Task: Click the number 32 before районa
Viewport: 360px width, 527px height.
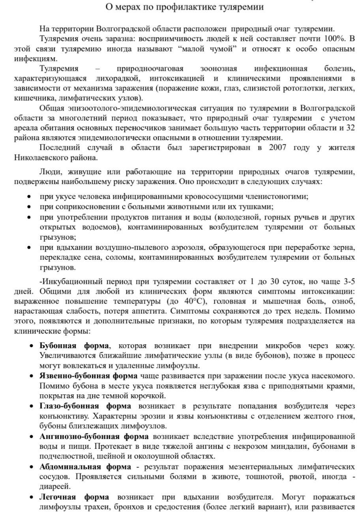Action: click(x=350, y=128)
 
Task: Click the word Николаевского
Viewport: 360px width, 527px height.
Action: click(x=40, y=158)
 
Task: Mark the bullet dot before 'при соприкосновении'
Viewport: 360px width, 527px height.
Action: click(x=29, y=206)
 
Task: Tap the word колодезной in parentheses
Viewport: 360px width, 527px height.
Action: click(x=238, y=217)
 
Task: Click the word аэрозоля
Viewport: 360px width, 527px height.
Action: click(x=185, y=248)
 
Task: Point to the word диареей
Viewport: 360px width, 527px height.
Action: click(x=54, y=486)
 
